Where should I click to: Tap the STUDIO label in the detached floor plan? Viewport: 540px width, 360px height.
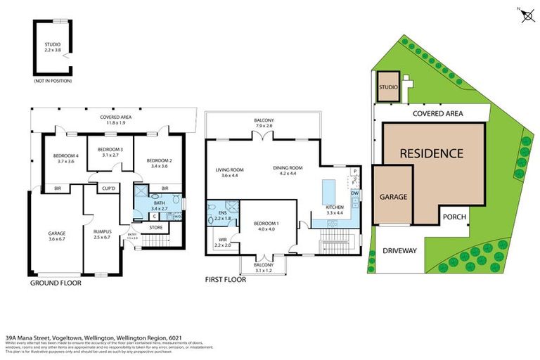[52, 46]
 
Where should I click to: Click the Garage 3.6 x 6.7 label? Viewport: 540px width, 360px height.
[56, 236]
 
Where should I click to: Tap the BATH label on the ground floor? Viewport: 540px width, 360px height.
[158, 205]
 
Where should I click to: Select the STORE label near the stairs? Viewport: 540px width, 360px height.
[156, 227]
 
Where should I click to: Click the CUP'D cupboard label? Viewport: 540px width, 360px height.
[108, 188]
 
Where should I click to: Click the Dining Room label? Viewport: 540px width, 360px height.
[288, 171]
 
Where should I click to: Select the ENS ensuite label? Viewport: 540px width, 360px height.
[222, 214]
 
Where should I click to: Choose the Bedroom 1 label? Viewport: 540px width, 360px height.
[266, 226]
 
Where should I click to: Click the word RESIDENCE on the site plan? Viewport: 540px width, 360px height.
[432, 153]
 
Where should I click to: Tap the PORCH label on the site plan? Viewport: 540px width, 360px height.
[454, 217]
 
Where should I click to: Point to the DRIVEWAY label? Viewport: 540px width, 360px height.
[400, 250]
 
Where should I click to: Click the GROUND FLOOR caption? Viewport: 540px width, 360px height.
[56, 283]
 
